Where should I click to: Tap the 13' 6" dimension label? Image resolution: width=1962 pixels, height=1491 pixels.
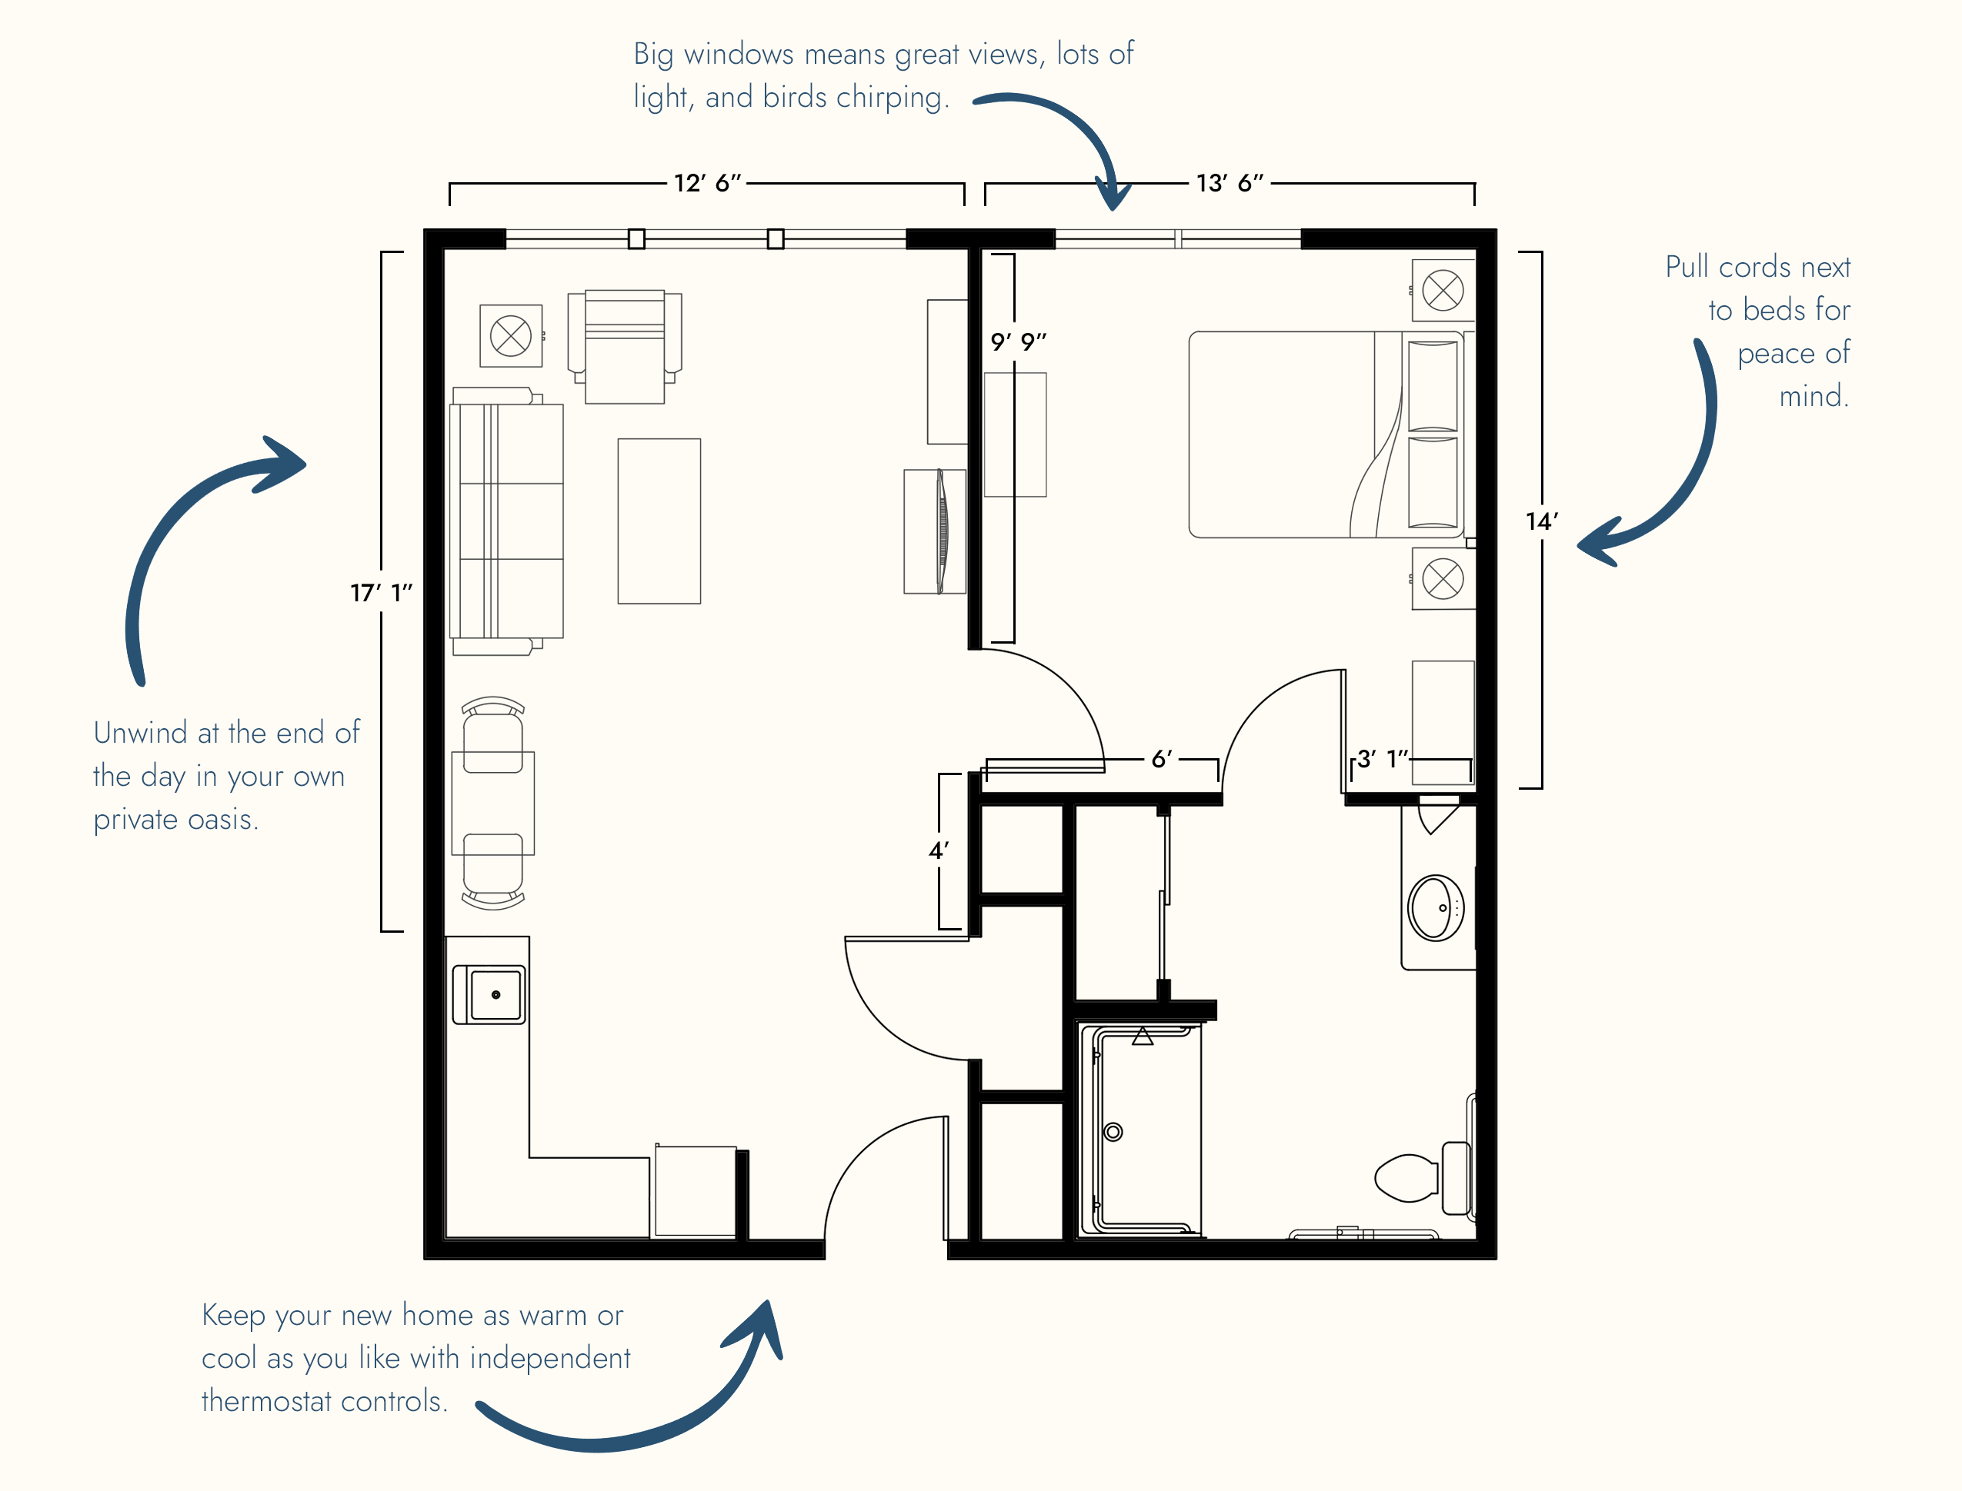click(1229, 183)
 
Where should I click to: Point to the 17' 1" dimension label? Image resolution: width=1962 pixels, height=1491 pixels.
click(381, 592)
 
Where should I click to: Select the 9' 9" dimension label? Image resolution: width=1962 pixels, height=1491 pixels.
click(1018, 341)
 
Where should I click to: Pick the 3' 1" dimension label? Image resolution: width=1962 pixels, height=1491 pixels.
click(1383, 759)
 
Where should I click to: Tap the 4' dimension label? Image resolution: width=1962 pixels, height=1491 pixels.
click(939, 850)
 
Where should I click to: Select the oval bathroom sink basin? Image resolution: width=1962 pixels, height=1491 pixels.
click(1436, 908)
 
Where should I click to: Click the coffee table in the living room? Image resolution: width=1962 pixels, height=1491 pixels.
click(659, 521)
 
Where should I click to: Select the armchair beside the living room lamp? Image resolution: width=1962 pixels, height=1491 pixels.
click(624, 346)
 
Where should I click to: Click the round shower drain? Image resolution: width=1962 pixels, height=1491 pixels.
click(1113, 1132)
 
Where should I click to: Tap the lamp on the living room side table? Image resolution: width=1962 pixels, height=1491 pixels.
click(510, 335)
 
